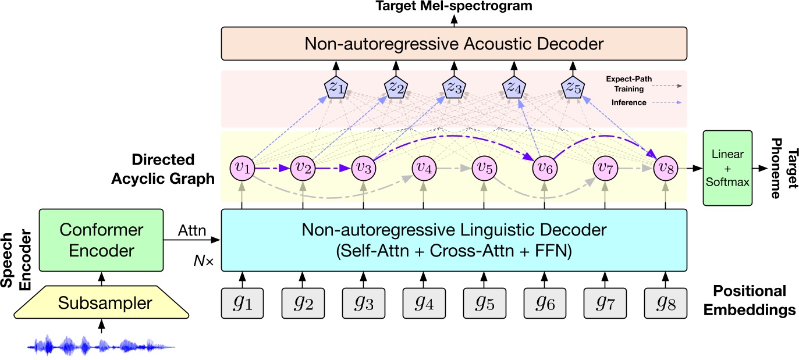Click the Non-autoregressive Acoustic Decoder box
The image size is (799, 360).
pos(453,44)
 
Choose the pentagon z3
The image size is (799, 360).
pos(454,88)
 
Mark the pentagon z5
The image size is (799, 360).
pos(573,88)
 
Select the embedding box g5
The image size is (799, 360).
pos(483,303)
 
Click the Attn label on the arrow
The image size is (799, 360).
pos(193,231)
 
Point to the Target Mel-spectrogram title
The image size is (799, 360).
pos(453,6)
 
